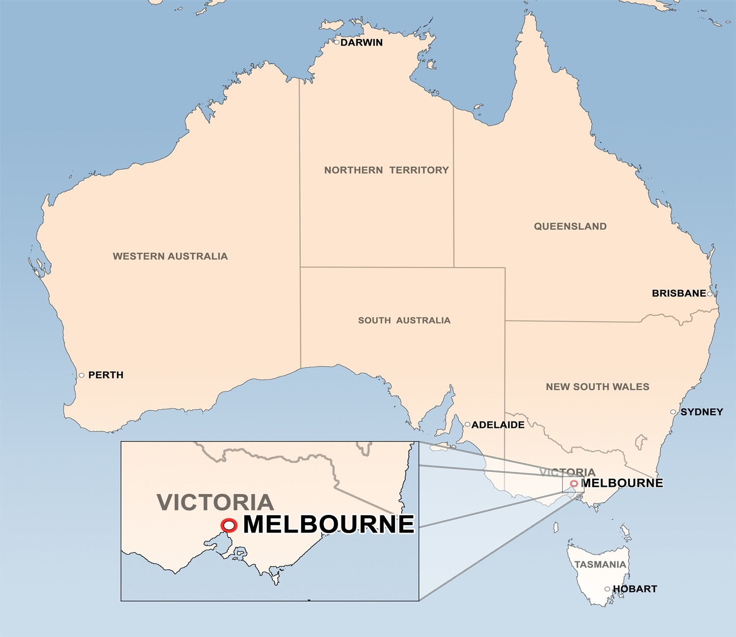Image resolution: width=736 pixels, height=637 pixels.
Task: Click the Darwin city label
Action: [x=362, y=43]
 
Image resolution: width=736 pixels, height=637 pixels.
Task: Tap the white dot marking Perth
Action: [x=81, y=375]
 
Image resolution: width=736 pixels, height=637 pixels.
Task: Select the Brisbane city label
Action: [x=679, y=293]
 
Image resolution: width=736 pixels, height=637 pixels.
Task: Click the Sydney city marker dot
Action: [x=673, y=412]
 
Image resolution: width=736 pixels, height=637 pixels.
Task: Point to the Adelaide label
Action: [x=498, y=425]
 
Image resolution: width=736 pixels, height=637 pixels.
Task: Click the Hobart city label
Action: [x=635, y=589]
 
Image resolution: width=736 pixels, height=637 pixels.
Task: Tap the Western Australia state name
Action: [x=170, y=256]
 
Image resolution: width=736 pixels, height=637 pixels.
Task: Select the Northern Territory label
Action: [x=386, y=170]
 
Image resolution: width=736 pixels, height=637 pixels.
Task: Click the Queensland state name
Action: [x=570, y=226]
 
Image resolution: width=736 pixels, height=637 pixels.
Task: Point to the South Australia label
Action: [x=404, y=320]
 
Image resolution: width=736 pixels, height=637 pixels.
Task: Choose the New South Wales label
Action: [x=597, y=387]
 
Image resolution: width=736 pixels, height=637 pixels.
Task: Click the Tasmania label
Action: [x=600, y=565]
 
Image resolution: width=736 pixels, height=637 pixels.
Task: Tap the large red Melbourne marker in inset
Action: [x=229, y=526]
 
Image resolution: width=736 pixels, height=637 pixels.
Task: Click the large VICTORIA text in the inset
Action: [x=215, y=503]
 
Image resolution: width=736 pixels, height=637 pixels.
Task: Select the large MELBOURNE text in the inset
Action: [x=329, y=525]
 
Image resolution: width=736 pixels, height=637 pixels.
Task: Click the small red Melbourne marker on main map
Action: [x=574, y=484]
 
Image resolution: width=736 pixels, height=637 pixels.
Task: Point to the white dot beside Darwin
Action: [x=337, y=42]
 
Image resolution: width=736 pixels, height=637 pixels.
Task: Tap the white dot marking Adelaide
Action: [x=467, y=425]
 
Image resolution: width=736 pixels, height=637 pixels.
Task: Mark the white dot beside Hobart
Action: [x=607, y=589]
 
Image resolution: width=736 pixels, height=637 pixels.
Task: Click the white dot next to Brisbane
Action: [x=710, y=294]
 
